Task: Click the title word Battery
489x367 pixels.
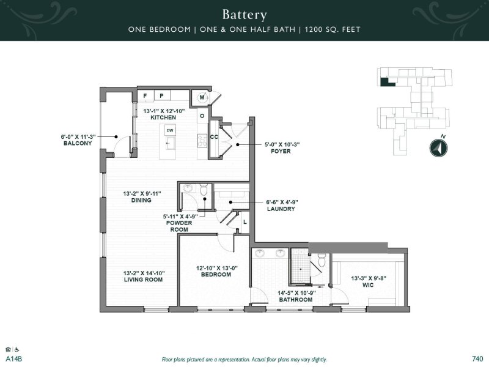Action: tap(244, 14)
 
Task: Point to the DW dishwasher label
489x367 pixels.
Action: tap(169, 130)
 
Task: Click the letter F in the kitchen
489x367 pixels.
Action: tap(145, 96)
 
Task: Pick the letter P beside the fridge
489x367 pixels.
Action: tap(162, 96)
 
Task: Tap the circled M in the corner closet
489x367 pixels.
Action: tap(202, 98)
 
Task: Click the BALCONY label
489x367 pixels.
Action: tap(76, 144)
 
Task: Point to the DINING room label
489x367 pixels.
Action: tap(141, 200)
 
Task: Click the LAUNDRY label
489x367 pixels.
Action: tap(282, 209)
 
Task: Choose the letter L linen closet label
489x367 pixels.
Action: tap(244, 222)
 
